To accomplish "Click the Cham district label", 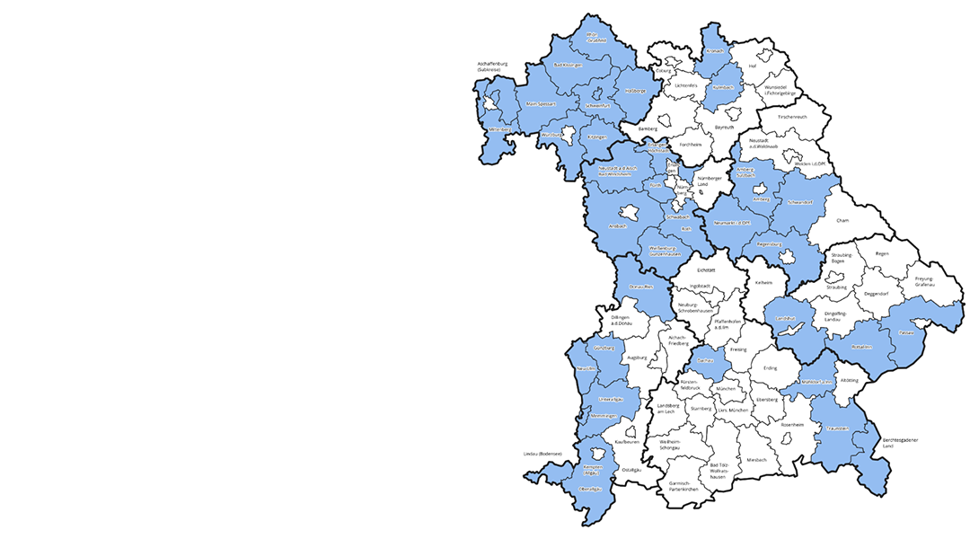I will point(842,219).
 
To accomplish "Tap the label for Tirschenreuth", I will point(791,117).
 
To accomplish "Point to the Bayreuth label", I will point(724,128).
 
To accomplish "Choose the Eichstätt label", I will point(705,269).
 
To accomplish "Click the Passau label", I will point(905,332).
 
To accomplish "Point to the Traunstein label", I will point(838,429).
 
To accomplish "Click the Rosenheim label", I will point(792,424).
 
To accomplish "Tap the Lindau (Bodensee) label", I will point(542,455).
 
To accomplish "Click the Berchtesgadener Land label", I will point(900,442).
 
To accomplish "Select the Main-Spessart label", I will point(542,104).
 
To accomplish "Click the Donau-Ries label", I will point(639,286).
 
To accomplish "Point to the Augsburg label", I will point(637,358).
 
